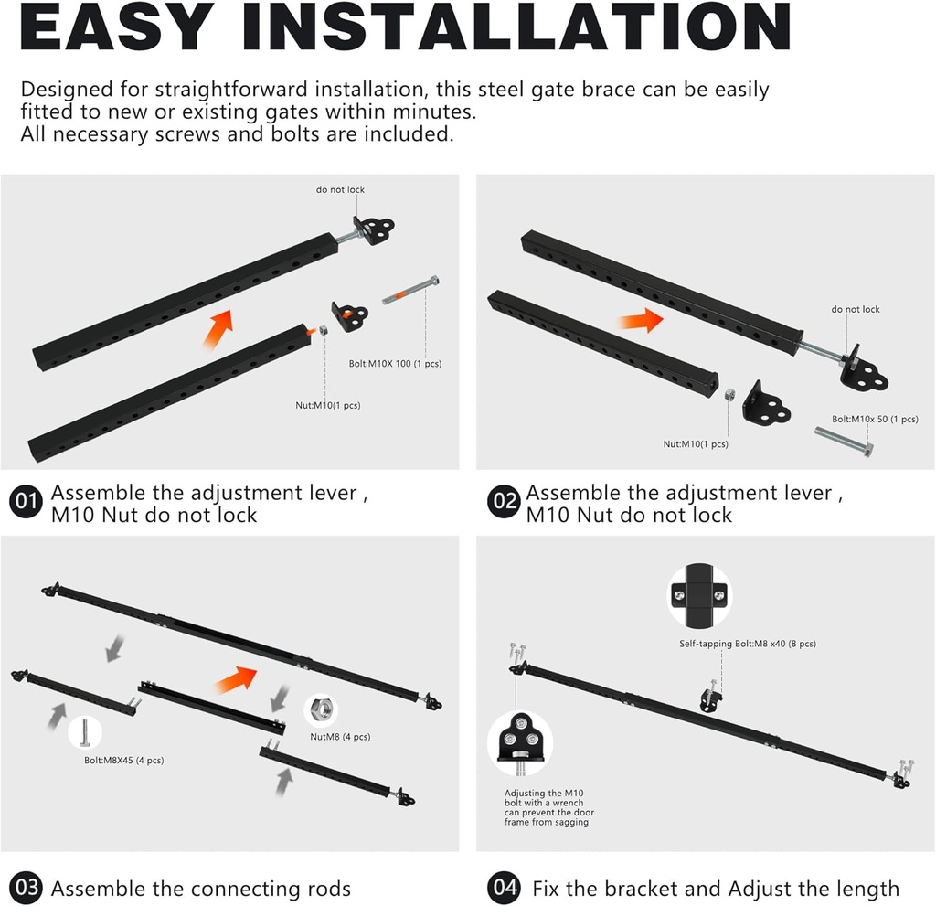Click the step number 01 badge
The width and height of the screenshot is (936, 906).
[27, 502]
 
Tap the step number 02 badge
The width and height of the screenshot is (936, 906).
[503, 502]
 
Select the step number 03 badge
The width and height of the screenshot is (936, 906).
[27, 887]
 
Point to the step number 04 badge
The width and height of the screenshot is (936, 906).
[504, 887]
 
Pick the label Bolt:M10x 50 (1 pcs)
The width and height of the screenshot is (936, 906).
[875, 419]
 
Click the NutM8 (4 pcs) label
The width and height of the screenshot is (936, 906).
[341, 737]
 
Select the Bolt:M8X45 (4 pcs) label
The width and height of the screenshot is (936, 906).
[122, 760]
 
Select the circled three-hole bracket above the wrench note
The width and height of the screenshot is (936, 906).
[519, 738]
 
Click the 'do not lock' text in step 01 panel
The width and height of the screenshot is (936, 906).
[340, 189]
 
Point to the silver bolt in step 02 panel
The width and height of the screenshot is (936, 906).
[842, 442]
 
